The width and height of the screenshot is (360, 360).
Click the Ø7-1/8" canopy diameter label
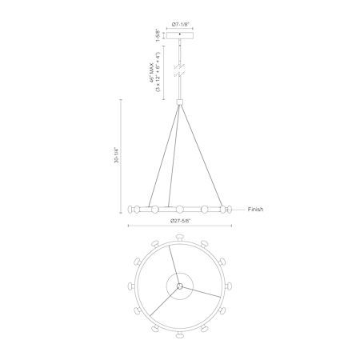coord(180,24)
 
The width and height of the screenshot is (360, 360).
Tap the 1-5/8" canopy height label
coord(158,35)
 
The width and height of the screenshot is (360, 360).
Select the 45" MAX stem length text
coord(152,72)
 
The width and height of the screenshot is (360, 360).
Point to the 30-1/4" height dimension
coord(118,155)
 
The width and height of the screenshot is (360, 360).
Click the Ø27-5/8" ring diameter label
coord(180,221)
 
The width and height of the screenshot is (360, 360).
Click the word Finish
coord(255,210)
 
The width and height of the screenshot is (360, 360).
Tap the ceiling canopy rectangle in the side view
coord(180,35)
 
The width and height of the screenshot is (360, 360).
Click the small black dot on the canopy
coord(180,34)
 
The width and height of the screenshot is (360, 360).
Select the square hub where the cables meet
coord(180,102)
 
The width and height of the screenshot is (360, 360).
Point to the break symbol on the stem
coord(180,70)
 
